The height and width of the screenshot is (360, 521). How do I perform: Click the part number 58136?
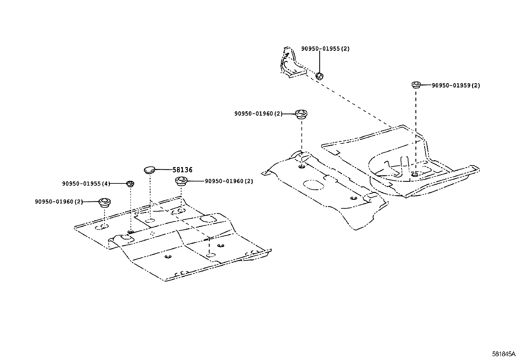point(183,170)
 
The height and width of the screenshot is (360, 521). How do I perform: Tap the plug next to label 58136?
point(150,170)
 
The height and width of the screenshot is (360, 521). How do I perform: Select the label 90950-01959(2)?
point(456,85)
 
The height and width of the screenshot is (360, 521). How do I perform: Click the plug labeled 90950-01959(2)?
point(416,85)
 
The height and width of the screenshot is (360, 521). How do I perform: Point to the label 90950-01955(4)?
point(86,184)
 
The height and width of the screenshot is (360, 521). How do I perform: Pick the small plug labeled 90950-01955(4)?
point(130,183)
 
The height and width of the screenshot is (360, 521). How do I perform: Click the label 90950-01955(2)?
point(325,49)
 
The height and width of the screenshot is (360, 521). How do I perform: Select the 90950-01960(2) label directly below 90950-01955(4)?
point(59,202)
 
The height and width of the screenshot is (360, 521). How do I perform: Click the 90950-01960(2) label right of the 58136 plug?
point(229,181)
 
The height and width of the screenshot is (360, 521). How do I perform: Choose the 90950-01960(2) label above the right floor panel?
point(258,114)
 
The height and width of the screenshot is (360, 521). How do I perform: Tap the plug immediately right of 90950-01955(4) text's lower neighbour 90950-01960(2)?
point(104,202)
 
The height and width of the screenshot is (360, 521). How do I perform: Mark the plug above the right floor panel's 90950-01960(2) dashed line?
point(301,114)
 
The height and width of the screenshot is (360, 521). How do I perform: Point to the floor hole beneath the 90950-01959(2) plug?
point(414,174)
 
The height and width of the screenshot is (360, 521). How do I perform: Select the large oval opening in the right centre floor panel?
point(313,184)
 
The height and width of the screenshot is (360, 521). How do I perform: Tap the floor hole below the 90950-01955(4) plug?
point(131,232)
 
